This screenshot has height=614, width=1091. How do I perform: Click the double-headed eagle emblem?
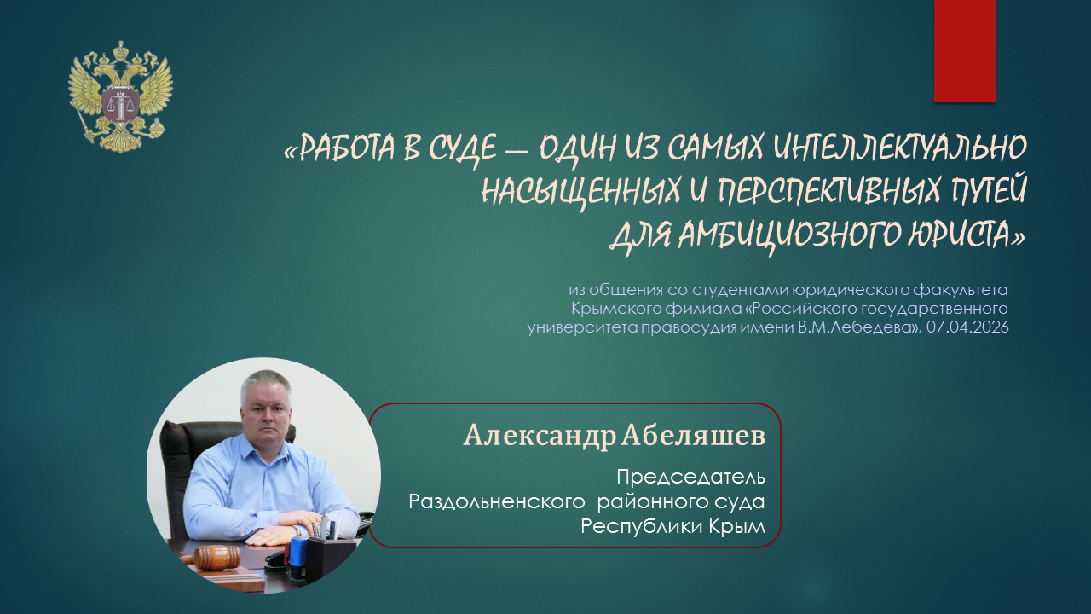[x=121, y=96]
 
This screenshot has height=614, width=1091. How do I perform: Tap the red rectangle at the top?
[x=964, y=51]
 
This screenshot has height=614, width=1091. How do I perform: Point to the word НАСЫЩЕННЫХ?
[x=580, y=191]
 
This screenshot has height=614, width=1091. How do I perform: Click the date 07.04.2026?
[x=967, y=327]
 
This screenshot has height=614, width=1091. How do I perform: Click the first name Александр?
[x=540, y=436]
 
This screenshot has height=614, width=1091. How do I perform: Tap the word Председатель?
[x=690, y=478]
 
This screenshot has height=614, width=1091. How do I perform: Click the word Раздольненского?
[x=496, y=501]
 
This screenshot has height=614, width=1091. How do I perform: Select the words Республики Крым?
[x=672, y=527]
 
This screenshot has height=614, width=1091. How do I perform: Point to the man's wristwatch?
[x=296, y=530]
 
